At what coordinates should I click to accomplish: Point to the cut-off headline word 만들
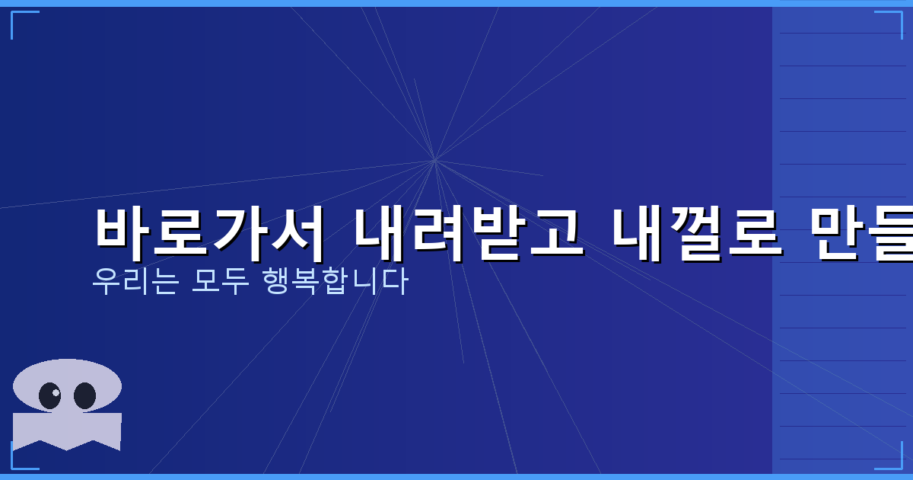(x=860, y=233)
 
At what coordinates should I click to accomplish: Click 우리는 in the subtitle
(x=135, y=281)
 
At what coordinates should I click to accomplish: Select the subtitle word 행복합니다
(x=335, y=281)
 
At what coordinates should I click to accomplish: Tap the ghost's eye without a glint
(x=84, y=395)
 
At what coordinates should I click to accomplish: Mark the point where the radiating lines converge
(x=434, y=161)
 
